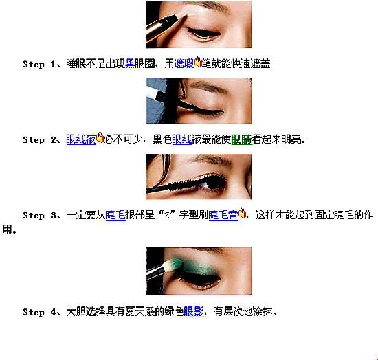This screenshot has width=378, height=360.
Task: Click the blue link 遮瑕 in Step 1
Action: pyautogui.click(x=184, y=64)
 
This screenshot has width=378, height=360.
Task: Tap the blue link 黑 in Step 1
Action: pyautogui.click(x=130, y=64)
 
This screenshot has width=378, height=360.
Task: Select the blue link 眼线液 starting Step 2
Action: pyautogui.click(x=81, y=139)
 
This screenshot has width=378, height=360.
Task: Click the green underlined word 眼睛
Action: pyautogui.click(x=241, y=139)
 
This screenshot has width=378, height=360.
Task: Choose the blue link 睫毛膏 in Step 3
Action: pyautogui.click(x=223, y=215)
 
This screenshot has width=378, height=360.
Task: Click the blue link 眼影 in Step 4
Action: pyautogui.click(x=194, y=312)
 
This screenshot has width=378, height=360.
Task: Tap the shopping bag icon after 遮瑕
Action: pyautogui.click(x=198, y=62)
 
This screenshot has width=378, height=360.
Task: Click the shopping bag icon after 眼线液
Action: pyautogui.click(x=100, y=137)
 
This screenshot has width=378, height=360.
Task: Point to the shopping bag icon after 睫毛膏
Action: pyautogui.click(x=243, y=213)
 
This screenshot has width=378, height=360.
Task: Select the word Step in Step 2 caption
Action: pyautogui.click(x=34, y=140)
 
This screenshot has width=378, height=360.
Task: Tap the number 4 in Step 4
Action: pyautogui.click(x=54, y=313)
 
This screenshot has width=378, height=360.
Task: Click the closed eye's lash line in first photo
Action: pyautogui.click(x=203, y=34)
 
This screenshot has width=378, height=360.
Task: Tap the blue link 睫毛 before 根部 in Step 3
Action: pyautogui.click(x=115, y=215)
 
